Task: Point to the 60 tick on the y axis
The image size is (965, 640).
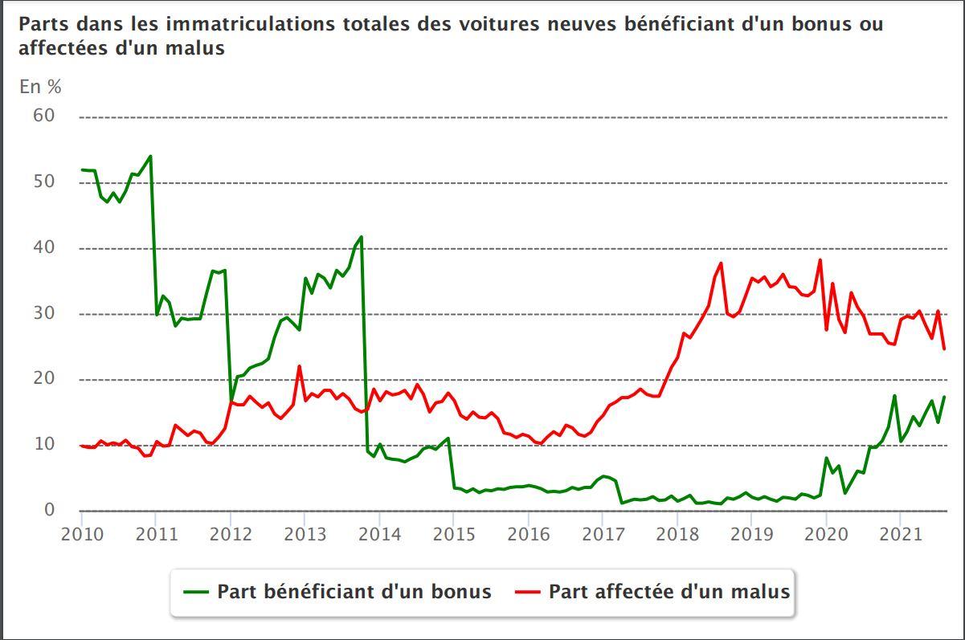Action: pos(43,116)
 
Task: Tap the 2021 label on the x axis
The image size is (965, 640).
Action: pos(900,534)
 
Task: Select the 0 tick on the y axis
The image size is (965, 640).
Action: pos(50,510)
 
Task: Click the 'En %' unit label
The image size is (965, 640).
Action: pos(40,87)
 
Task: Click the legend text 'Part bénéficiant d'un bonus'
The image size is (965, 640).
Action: pos(354,592)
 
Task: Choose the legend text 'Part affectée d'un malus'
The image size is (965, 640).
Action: pos(669,592)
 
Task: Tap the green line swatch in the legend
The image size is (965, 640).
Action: pos(196,593)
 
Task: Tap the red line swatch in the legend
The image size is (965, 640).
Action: pos(528,593)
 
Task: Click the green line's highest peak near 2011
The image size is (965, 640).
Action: pos(150,156)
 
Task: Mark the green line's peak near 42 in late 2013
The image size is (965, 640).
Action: pos(362,237)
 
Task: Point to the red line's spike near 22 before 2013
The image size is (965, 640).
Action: pos(299,366)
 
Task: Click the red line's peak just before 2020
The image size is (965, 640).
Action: pos(820,259)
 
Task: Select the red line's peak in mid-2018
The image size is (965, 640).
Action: pos(721,263)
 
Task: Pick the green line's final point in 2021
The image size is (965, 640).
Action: pos(944,397)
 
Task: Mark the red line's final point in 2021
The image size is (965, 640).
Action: pos(944,349)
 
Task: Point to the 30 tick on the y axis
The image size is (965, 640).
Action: pos(43,313)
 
